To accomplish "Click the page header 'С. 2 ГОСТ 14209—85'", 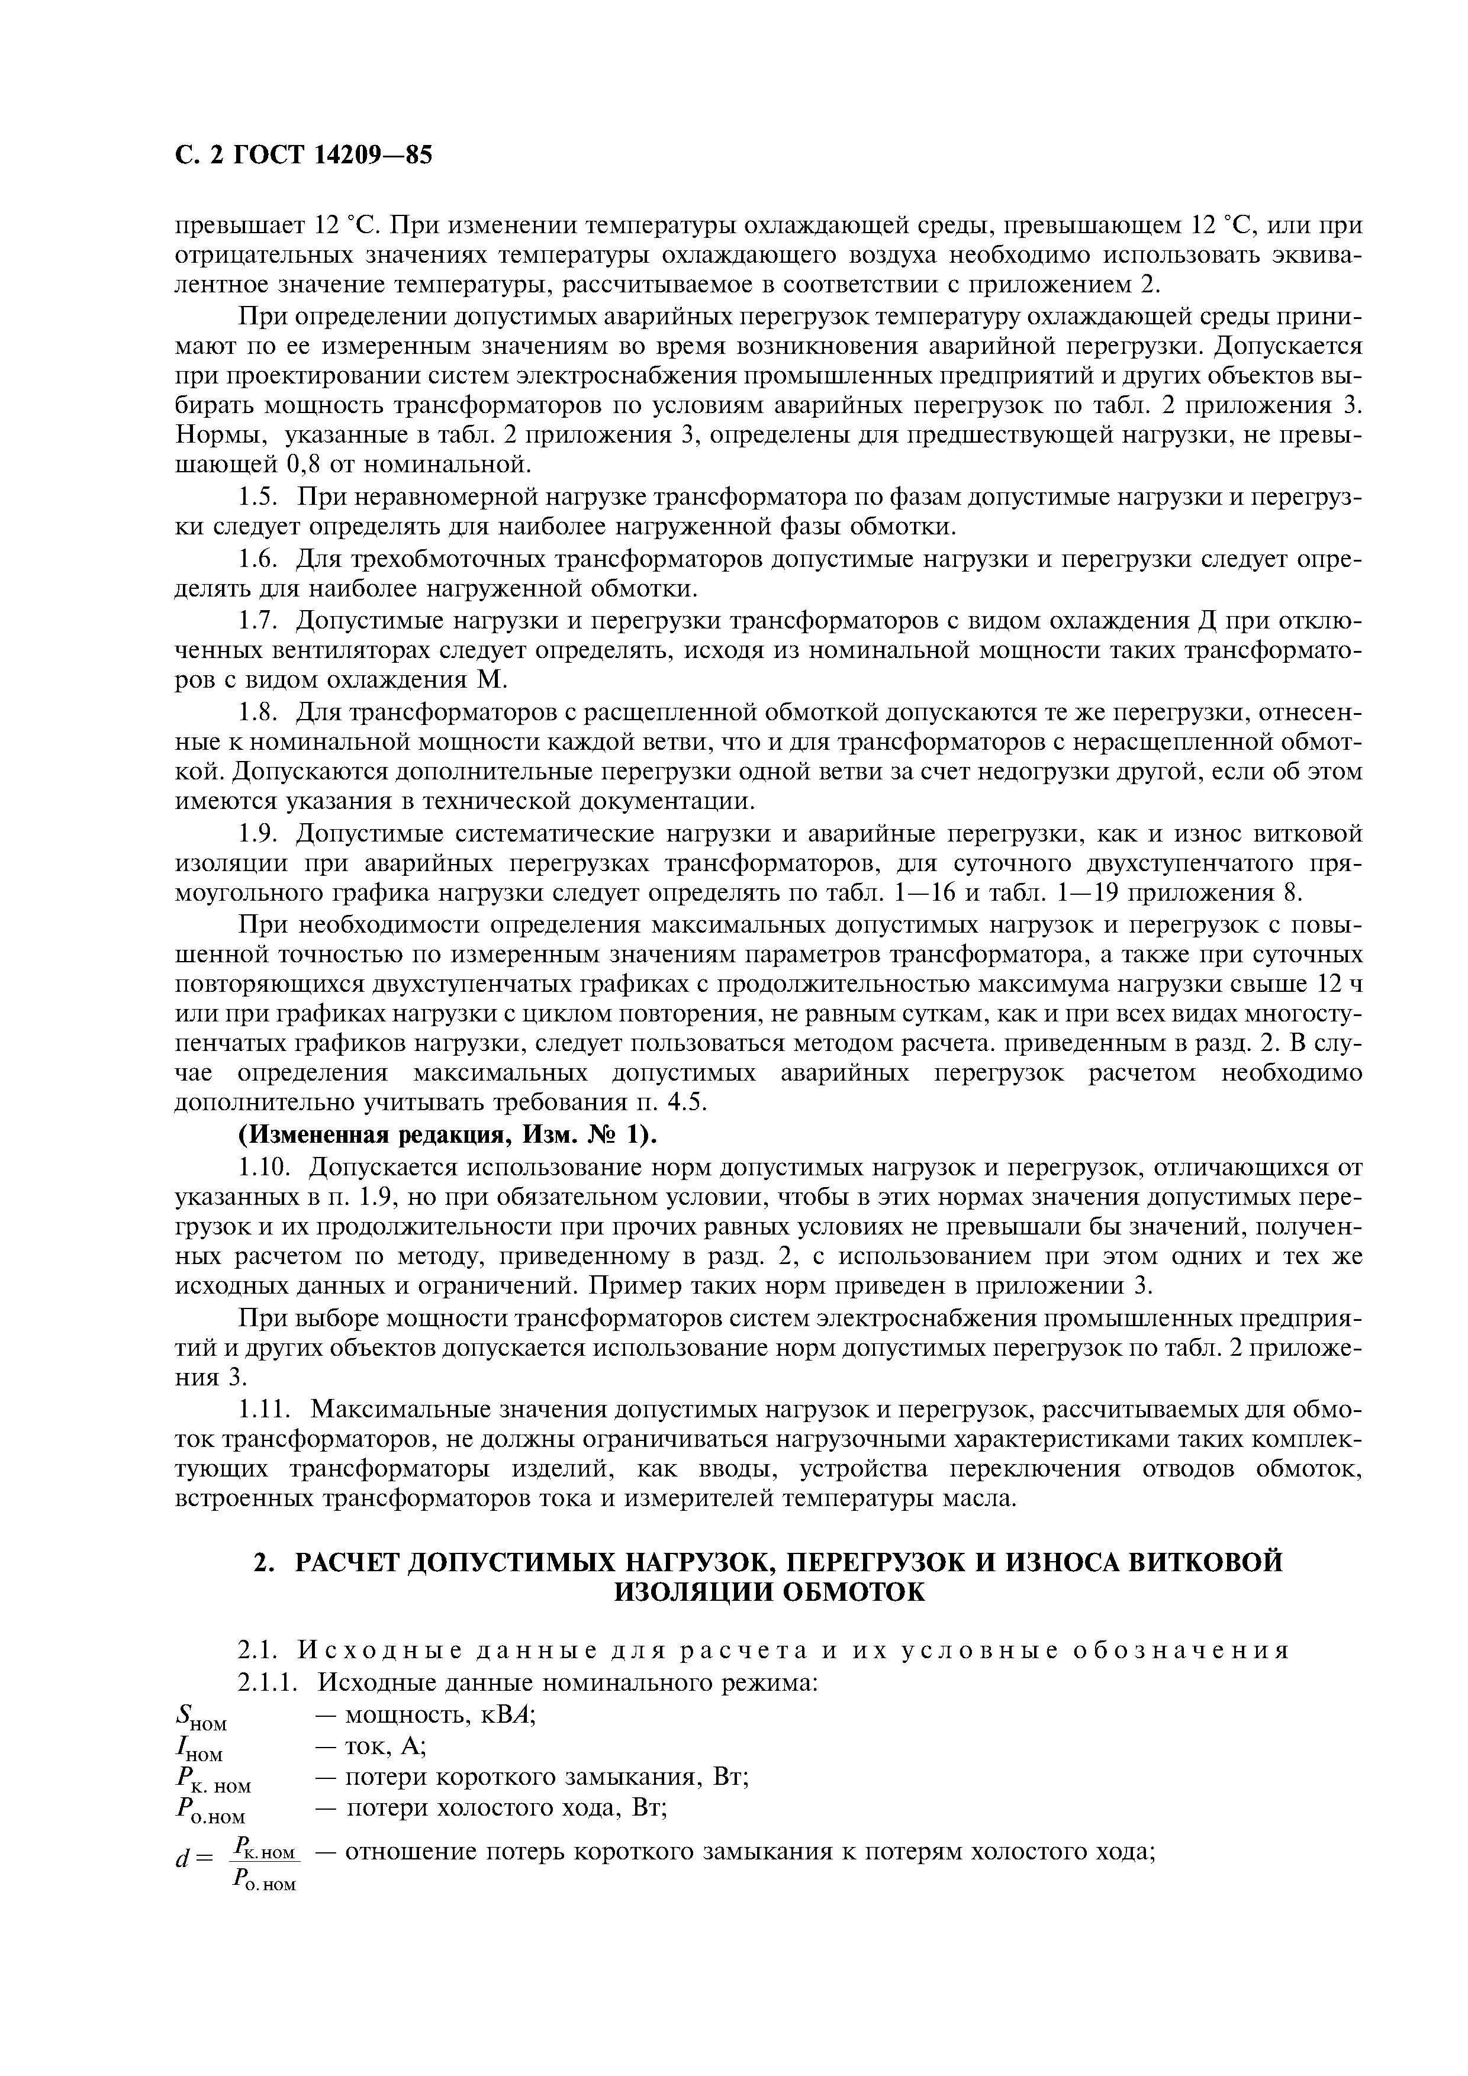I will (x=303, y=156).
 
